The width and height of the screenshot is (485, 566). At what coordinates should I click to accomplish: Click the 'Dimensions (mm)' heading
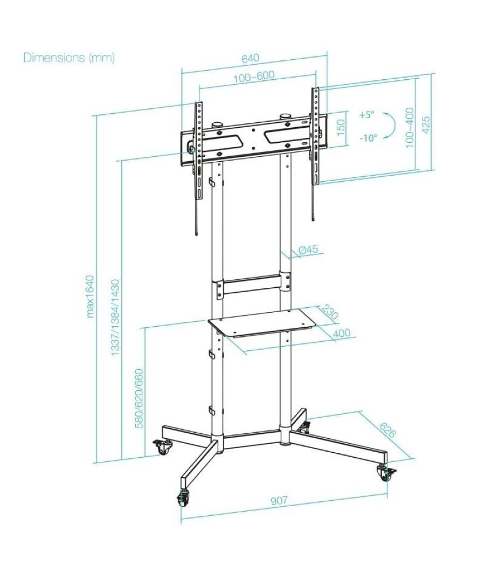[x=69, y=58]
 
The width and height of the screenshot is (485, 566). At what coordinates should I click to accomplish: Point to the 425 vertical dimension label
[x=426, y=124]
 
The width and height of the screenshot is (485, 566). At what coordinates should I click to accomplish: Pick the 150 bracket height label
[x=341, y=128]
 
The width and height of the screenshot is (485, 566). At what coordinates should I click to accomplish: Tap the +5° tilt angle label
[x=366, y=115]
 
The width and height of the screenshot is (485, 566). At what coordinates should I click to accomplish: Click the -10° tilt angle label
[x=368, y=138]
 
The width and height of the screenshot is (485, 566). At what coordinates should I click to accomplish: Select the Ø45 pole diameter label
[x=308, y=250]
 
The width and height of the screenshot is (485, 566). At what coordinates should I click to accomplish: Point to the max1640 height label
[x=90, y=296]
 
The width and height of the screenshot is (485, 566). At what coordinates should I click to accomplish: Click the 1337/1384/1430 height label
[x=115, y=317]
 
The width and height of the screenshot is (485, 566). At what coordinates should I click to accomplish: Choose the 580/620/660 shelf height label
[x=139, y=398]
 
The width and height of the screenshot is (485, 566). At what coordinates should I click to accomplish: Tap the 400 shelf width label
[x=341, y=334]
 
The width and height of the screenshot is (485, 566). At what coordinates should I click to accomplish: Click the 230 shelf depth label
[x=329, y=312]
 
